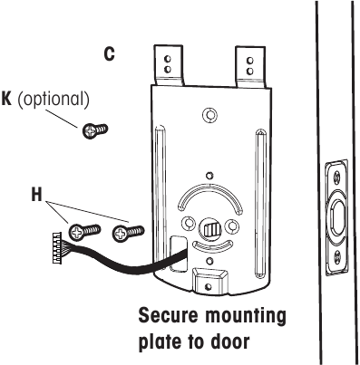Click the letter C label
tap(109, 54)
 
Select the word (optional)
tap(54, 99)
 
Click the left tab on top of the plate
tap(166, 62)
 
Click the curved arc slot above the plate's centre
tap(210, 194)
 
